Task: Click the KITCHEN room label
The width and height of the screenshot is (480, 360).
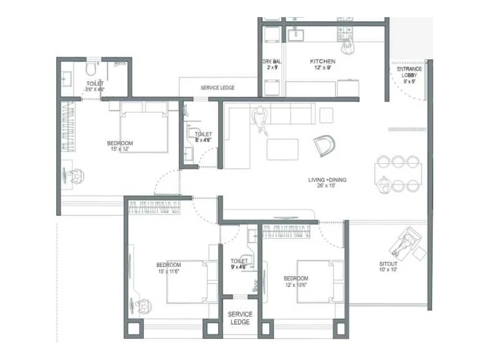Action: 322,61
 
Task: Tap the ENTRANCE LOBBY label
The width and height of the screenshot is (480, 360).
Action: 409,72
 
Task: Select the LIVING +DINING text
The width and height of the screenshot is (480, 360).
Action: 327,180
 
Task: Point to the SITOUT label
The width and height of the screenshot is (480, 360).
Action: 388,264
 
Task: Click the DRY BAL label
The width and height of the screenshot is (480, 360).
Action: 272,61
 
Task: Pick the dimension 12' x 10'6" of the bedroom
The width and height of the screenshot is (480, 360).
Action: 296,285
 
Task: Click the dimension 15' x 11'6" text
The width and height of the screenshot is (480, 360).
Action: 169,271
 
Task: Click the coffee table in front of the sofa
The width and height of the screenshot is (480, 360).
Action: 283,149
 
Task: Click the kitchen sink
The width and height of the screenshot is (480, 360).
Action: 295,34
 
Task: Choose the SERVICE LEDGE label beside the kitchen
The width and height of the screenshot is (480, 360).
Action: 217,88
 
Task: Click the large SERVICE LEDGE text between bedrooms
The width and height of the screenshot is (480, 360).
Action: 240,318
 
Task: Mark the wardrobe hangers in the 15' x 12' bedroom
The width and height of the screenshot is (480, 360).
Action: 68,126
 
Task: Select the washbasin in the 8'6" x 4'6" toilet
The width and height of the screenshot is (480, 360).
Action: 66,79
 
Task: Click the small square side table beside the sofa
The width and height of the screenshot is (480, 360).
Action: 326,115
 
